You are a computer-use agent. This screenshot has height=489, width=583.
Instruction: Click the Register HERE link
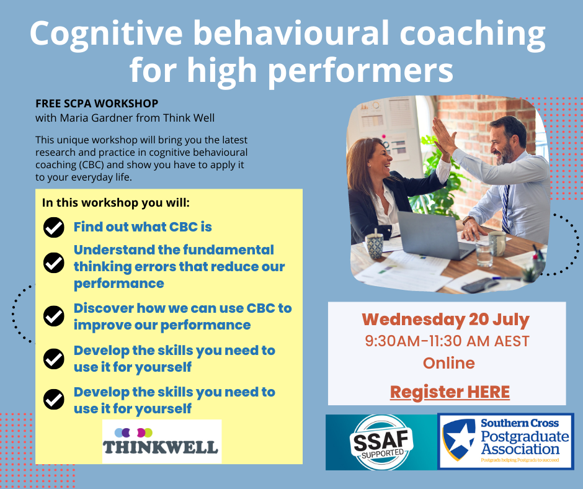(450, 392)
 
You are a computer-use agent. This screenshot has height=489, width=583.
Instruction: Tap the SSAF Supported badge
(381, 442)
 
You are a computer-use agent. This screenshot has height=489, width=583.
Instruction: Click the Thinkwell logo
(162, 442)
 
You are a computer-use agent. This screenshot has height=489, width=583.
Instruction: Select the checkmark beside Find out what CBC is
(54, 227)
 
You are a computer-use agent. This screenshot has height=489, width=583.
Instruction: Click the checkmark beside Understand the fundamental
(54, 262)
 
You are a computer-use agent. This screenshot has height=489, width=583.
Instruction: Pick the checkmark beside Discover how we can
(54, 316)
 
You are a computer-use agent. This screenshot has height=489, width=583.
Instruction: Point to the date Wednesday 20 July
(445, 320)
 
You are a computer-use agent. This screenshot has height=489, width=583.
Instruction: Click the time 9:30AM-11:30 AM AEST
(447, 341)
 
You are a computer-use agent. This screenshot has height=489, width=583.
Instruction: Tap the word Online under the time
(449, 363)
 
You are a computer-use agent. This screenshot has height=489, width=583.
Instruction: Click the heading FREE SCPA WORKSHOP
(97, 103)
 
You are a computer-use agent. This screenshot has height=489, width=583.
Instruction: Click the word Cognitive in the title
(106, 34)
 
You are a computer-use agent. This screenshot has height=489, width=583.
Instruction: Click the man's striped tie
(506, 209)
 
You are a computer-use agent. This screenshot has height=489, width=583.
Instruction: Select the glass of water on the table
(484, 255)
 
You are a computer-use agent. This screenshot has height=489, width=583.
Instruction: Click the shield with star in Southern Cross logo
(459, 439)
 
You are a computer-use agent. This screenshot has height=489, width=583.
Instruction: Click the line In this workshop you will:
(115, 203)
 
